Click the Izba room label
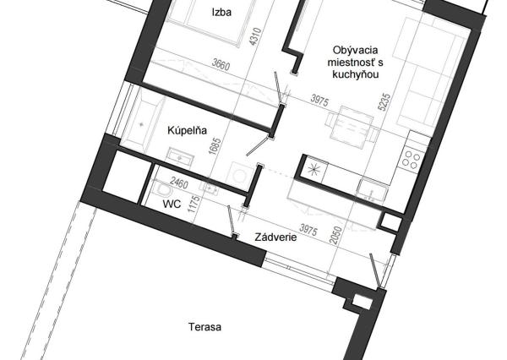(221, 13)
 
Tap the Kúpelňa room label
(188, 130)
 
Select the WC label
(172, 205)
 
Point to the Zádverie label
(275, 237)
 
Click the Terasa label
(205, 327)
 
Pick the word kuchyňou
(356, 74)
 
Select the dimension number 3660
(221, 63)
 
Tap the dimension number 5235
(386, 102)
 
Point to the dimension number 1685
(215, 146)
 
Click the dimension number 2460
(179, 183)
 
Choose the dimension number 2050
(336, 236)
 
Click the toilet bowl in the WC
(162, 190)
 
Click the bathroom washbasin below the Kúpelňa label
(180, 157)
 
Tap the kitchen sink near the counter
(372, 191)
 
